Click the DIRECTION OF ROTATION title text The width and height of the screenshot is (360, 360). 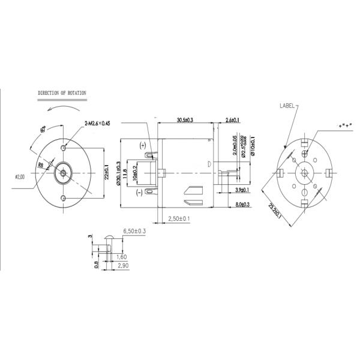point(62,94)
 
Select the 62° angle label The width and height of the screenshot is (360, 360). point(43,129)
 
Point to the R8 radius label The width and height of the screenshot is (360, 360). point(41,164)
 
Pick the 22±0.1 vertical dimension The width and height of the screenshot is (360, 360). point(107,173)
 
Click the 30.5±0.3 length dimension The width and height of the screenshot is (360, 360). point(184,121)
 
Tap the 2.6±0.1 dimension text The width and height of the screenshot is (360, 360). point(232,121)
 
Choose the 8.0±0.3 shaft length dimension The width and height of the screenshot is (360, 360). point(243,205)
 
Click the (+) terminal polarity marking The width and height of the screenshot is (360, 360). point(142,146)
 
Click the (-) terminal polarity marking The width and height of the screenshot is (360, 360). point(139,191)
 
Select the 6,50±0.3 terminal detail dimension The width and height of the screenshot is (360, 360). point(134,231)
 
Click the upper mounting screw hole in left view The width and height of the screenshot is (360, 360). point(64,148)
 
